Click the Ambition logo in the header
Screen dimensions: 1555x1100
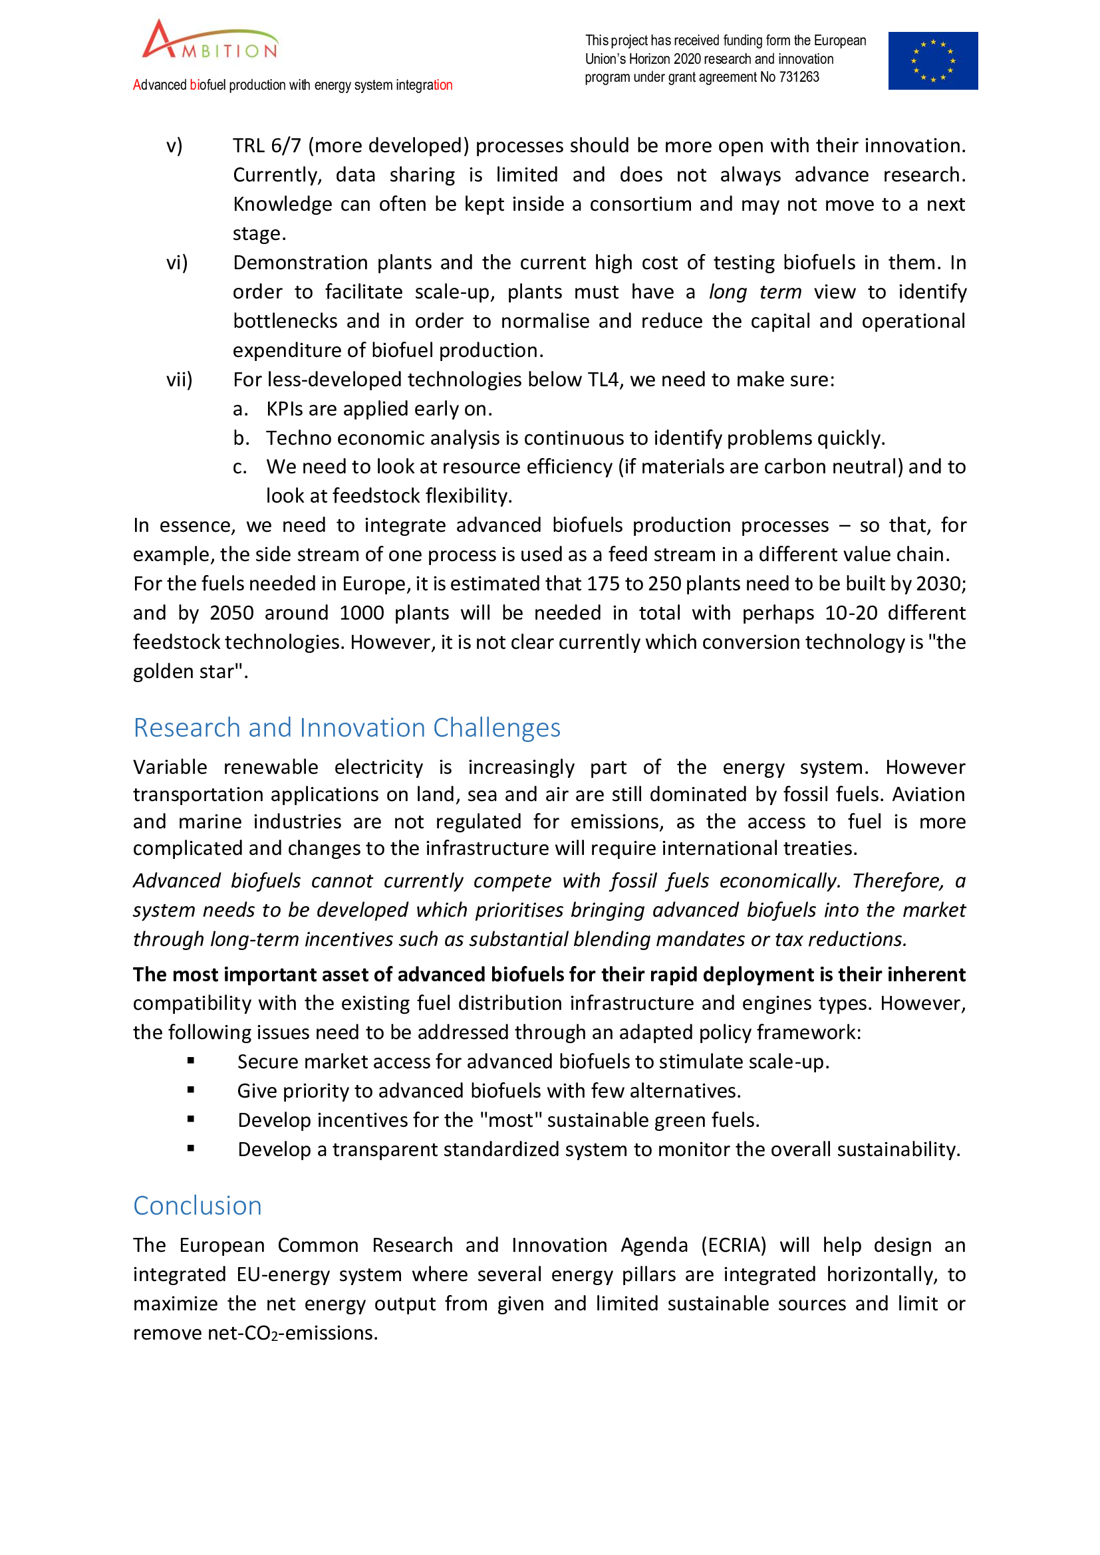point(210,41)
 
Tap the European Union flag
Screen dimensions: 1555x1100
point(932,61)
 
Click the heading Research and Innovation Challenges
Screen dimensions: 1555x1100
point(346,727)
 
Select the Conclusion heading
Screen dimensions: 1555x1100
point(197,1205)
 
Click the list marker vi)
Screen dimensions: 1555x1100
point(177,263)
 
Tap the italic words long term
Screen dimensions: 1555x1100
point(755,292)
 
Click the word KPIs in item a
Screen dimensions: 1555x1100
point(285,409)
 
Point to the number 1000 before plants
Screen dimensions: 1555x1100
point(361,613)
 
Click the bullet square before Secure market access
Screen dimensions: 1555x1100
point(191,1061)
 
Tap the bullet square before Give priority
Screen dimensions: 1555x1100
point(191,1090)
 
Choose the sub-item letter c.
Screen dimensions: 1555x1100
point(240,467)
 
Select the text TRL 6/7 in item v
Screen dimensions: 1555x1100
point(266,146)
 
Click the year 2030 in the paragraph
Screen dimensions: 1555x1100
point(940,584)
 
